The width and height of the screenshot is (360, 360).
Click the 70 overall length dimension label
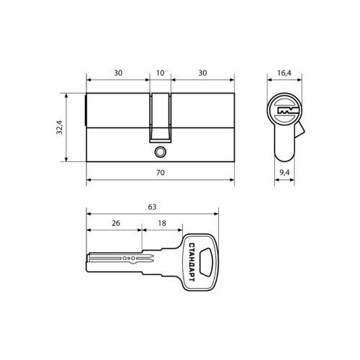pos(161,173)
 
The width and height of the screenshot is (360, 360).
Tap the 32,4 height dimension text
pos(59,127)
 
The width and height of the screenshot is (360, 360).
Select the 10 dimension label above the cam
pos(160,73)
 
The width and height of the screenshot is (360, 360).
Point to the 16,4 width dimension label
pos(284,73)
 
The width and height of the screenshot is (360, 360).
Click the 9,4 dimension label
pos(284,172)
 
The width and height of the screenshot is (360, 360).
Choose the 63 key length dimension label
pos(152,207)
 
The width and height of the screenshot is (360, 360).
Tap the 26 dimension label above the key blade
pos(116,223)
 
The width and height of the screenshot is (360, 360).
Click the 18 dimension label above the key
pos(162,223)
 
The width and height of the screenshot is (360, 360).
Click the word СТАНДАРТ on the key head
pos(192,262)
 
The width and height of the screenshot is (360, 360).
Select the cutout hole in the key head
pos(207,262)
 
